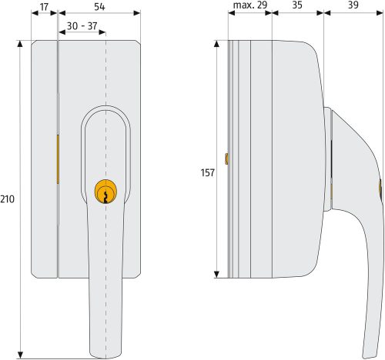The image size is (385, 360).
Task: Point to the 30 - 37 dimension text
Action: tap(82, 26)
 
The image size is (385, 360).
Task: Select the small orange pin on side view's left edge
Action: tap(226, 158)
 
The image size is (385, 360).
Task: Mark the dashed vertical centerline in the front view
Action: tap(106, 77)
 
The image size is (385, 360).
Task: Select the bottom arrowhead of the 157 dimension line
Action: tap(218, 275)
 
